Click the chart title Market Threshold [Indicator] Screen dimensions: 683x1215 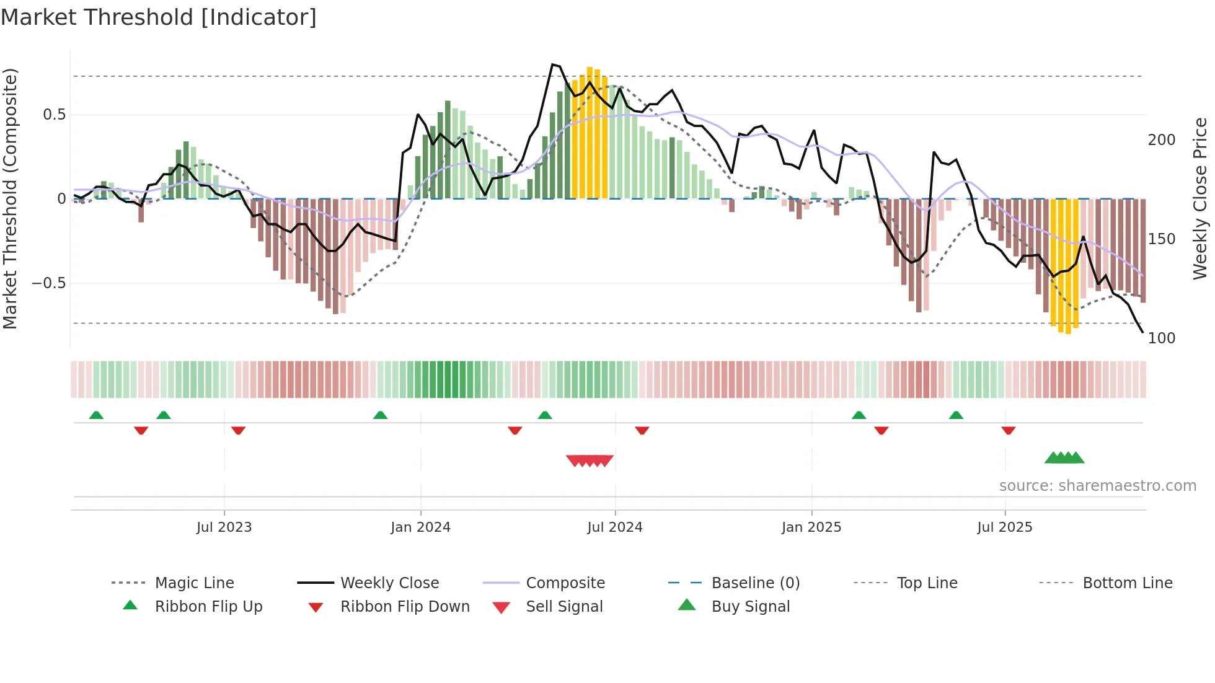(159, 17)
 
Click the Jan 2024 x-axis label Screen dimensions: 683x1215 (420, 527)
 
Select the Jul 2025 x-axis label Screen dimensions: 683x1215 (1004, 527)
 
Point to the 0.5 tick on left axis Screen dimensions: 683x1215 (54, 115)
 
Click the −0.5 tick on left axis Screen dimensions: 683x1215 (48, 283)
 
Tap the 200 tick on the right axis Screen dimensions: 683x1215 (1161, 140)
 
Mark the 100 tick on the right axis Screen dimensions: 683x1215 (1161, 338)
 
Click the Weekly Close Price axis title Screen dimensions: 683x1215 (1200, 198)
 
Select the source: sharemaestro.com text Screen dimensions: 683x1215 (1097, 486)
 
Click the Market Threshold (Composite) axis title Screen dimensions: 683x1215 (11, 198)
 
